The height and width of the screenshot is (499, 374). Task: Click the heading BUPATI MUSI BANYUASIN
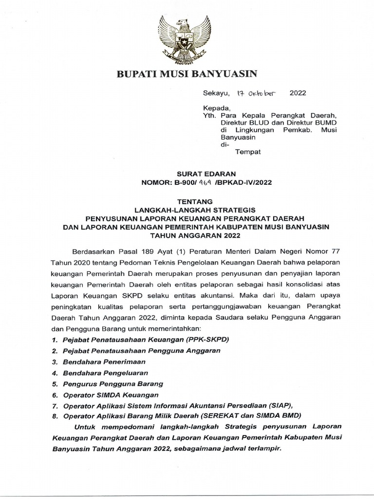[x=186, y=74]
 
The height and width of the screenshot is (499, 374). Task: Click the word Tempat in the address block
[x=248, y=152]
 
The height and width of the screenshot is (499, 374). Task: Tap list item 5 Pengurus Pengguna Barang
[x=112, y=384]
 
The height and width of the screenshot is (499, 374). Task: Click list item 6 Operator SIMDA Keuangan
[x=111, y=395]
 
